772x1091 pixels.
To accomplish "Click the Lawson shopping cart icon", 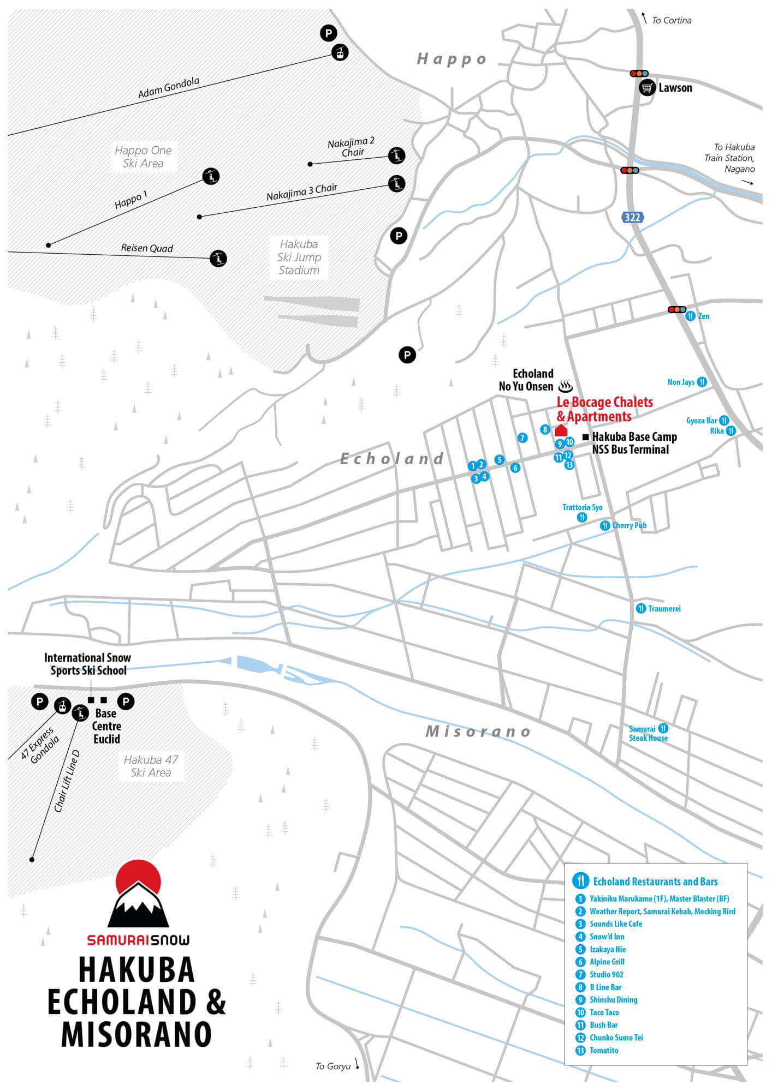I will click(648, 87).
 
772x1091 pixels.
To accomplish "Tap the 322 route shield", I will click(632, 217).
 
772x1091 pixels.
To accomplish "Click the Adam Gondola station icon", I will click(340, 52).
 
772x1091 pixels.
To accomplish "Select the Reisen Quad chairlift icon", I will click(218, 258).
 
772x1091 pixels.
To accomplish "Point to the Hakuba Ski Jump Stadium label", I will click(299, 257).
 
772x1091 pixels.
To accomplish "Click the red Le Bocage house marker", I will click(561, 431).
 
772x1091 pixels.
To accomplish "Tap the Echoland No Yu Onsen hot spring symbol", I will click(565, 387).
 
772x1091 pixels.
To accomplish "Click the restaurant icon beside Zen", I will click(691, 316).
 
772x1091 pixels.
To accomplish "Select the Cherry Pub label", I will click(629, 525).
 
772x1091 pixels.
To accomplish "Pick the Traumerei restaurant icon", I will click(641, 608).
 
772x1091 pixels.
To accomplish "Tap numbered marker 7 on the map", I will click(522, 437).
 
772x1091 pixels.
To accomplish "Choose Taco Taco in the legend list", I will click(604, 1012).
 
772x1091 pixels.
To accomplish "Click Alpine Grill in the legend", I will click(607, 962).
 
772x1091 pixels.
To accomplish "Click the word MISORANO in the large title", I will click(136, 1034).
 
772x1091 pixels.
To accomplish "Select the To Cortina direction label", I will click(671, 21).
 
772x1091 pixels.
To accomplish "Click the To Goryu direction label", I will click(333, 1066).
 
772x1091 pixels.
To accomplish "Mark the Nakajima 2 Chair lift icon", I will click(396, 155).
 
